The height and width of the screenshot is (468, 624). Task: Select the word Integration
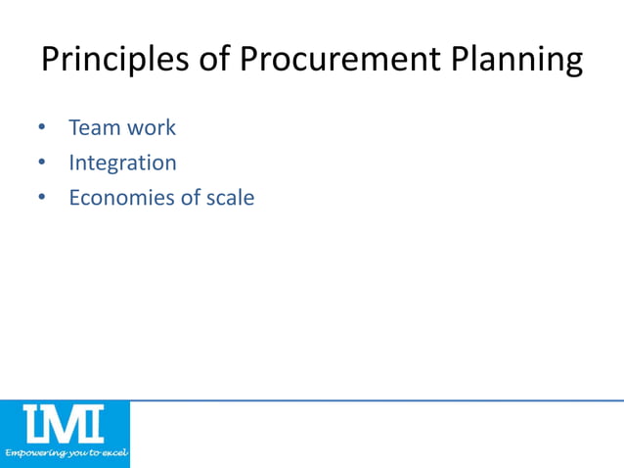pos(122,163)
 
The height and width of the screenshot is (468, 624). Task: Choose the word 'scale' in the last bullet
pos(231,198)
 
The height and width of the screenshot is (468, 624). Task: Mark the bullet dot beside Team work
pos(42,128)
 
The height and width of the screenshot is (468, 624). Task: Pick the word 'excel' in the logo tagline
pos(112,454)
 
